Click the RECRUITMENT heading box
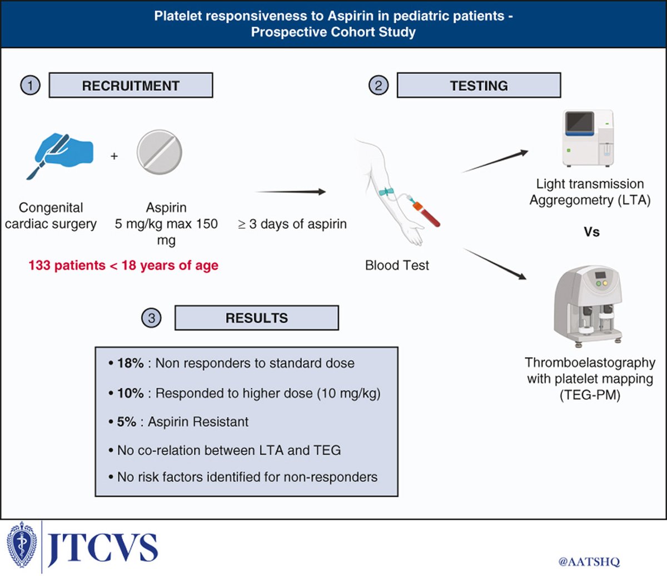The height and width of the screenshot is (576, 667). click(x=131, y=86)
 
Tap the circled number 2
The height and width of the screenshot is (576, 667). click(x=379, y=86)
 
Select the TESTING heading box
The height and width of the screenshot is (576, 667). click(x=479, y=86)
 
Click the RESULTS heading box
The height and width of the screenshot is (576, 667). click(x=256, y=318)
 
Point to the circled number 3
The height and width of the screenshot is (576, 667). click(x=151, y=318)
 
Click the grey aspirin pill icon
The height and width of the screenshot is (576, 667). click(x=160, y=152)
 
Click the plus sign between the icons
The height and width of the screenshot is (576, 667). click(x=114, y=157)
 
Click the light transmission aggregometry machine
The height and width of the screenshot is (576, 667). click(x=589, y=138)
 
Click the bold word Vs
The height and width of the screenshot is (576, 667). click(x=591, y=232)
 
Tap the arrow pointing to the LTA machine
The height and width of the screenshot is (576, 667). click(x=495, y=161)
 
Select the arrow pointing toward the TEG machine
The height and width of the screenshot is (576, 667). click(x=495, y=264)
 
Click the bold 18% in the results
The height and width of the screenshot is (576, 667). click(x=131, y=363)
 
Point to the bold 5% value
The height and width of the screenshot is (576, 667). click(x=127, y=422)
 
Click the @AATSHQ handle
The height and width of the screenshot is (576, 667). click(x=589, y=562)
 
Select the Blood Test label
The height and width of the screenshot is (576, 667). click(x=397, y=266)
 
